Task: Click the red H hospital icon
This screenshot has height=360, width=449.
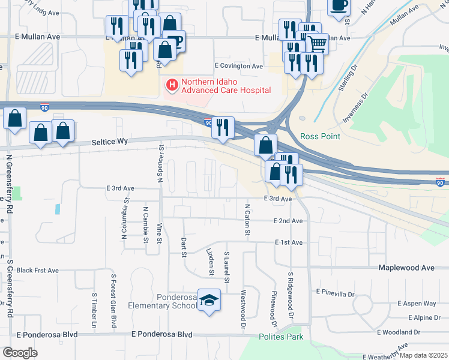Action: [x=172, y=86]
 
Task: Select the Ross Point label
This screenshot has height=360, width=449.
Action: [x=321, y=136]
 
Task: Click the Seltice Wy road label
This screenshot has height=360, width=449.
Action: [x=110, y=142]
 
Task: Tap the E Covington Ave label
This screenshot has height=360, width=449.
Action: [x=239, y=66]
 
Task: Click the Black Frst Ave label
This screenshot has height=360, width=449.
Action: [x=37, y=271]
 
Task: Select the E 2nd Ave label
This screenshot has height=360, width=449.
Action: [x=288, y=221]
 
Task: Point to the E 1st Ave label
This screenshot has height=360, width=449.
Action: [x=289, y=242]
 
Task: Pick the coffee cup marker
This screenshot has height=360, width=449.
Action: [x=339, y=5]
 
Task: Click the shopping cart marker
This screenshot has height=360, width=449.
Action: [x=317, y=43]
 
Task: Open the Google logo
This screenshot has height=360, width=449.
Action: [x=20, y=353]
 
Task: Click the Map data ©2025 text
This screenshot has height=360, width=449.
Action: [x=423, y=355]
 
